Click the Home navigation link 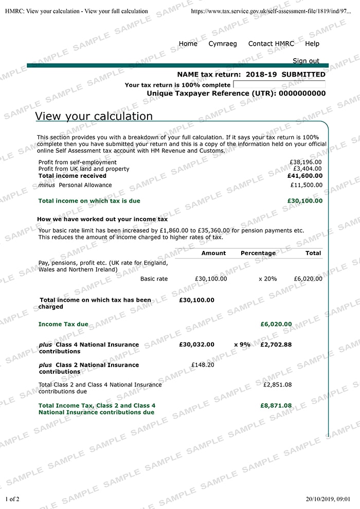(188, 44)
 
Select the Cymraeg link (223, 44)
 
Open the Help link (312, 44)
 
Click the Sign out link (306, 61)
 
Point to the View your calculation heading (94, 116)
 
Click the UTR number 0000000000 (301, 94)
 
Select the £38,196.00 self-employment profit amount (305, 162)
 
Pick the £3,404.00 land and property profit (307, 169)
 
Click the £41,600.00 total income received (304, 176)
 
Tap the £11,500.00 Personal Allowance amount (306, 185)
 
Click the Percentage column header (258, 253)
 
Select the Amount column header (213, 253)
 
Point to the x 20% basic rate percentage (267, 279)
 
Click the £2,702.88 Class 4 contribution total (276, 344)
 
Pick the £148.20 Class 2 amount (203, 365)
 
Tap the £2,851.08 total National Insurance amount (277, 385)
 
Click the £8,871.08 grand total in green (276, 406)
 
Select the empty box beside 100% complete (279, 84)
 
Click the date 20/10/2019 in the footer (320, 499)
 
